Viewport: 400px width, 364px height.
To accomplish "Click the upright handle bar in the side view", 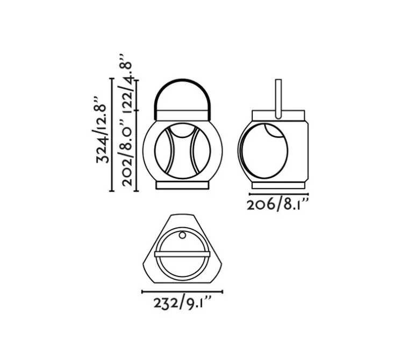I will point(278,97).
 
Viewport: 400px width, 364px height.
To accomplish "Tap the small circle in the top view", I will point(182,236).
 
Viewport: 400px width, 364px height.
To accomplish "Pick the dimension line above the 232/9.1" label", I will point(182,292).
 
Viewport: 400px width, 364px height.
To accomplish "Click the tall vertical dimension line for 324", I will point(111,134).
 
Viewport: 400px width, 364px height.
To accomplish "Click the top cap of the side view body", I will point(278,116).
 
